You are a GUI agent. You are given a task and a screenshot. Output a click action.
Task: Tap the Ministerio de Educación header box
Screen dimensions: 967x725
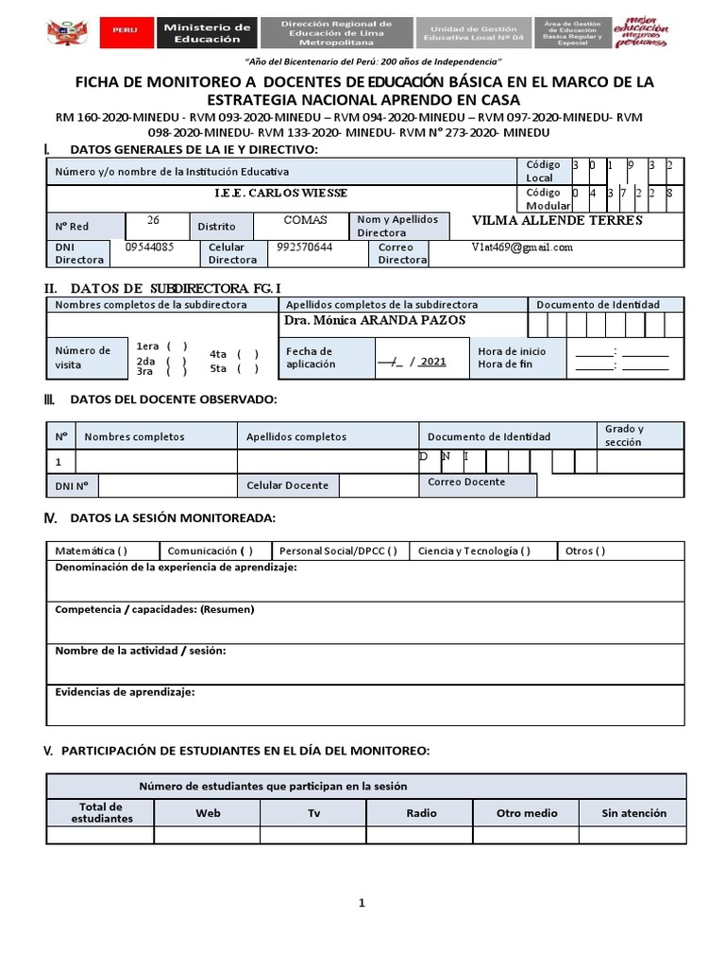(208, 33)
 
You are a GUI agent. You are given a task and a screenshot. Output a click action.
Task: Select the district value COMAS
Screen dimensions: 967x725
(306, 220)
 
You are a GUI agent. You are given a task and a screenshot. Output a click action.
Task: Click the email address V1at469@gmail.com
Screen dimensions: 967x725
(522, 247)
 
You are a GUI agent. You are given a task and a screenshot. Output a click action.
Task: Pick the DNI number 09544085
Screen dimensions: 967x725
(149, 247)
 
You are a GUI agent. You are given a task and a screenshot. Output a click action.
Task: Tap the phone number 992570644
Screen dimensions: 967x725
(305, 247)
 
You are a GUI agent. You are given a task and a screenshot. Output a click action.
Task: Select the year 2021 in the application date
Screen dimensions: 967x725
(432, 361)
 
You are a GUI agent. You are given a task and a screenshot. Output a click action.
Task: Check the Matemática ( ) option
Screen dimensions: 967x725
(92, 551)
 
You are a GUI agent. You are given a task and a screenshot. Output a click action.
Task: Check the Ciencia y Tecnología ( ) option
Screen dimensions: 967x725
(473, 551)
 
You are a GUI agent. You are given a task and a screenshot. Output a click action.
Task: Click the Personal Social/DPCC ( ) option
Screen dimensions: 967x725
(337, 551)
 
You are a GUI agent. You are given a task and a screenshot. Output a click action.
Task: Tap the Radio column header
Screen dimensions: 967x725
(421, 812)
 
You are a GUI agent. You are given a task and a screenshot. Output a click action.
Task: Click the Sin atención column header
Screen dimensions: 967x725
(633, 812)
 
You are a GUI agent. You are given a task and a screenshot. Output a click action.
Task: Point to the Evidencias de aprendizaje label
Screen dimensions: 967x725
(125, 692)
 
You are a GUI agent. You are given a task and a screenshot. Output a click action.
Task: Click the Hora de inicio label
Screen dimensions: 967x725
(512, 351)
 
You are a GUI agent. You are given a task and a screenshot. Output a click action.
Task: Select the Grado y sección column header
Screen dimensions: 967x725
(624, 435)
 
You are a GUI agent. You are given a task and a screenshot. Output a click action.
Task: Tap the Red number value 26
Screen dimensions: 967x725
(154, 220)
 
